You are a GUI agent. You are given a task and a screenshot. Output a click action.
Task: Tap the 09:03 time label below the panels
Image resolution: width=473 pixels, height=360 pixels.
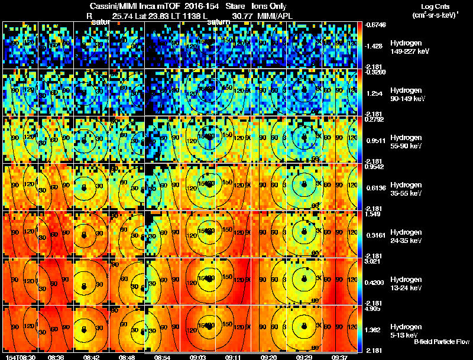coord(197,357)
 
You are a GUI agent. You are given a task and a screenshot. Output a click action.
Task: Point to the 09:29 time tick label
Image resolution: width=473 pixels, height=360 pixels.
coord(304,357)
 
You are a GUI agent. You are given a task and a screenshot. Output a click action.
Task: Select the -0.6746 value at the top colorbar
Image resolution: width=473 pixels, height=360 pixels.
coord(375,25)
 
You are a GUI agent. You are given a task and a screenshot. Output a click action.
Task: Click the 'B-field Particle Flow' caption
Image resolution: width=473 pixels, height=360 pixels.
coord(442,342)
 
